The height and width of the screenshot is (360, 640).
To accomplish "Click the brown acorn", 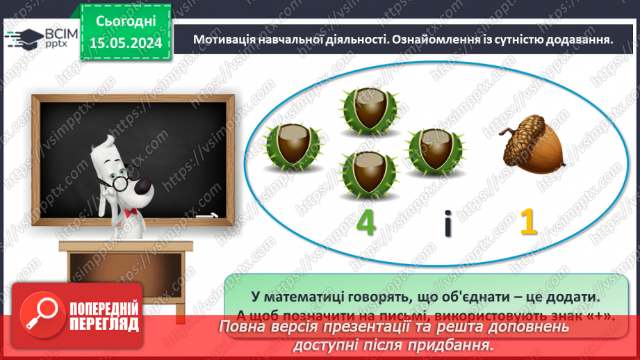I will click(x=532, y=148).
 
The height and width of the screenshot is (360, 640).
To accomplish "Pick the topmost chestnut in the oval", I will click(x=366, y=109).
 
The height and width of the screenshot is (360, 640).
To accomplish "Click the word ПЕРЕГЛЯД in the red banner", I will click(x=105, y=324).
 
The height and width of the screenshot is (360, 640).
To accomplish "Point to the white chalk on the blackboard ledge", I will click(x=206, y=216).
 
